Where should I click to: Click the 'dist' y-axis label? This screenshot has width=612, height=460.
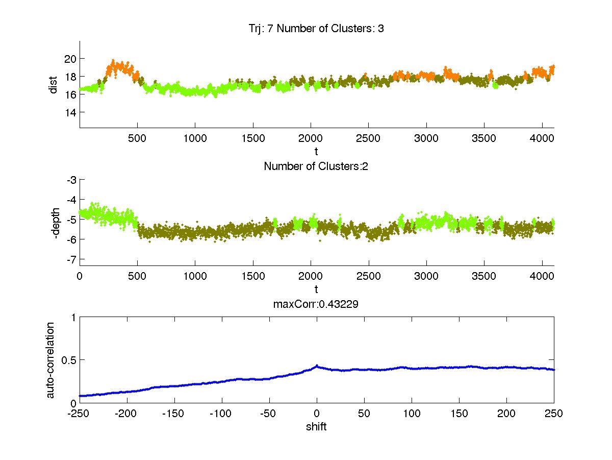pyautogui.click(x=53, y=85)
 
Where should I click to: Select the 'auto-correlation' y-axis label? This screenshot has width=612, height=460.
pyautogui.click(x=51, y=359)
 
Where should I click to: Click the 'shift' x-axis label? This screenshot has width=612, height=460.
pyautogui.click(x=316, y=426)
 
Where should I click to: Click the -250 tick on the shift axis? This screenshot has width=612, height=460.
pyautogui.click(x=80, y=413)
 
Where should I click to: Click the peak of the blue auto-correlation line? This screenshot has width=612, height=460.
pyautogui.click(x=317, y=366)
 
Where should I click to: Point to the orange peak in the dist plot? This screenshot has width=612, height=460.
pyautogui.click(x=113, y=61)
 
